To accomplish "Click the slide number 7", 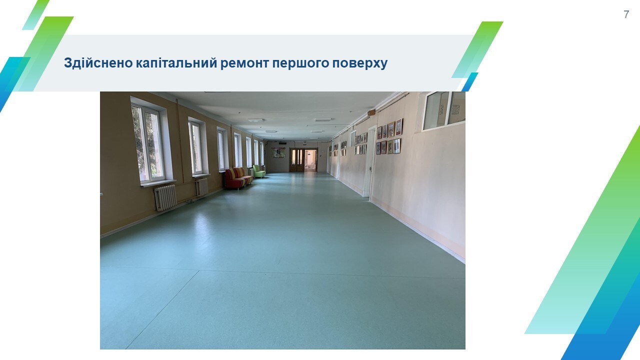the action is tap(626, 14).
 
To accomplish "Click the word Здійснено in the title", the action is tap(98, 63).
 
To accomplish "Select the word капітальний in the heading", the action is tap(176, 63).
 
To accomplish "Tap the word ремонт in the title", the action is tap(244, 63).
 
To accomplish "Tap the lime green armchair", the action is tap(259, 171).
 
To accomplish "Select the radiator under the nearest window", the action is tap(165, 197).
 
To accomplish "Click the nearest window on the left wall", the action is tap(148, 144).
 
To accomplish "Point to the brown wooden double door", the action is tap(297, 159).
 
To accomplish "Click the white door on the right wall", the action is tap(369, 161).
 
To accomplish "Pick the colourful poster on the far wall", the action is tap(278, 153).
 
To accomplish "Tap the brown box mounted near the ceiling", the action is tap(371, 113).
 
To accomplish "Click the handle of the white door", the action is tap(370, 169).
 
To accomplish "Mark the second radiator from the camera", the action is tap(203, 187).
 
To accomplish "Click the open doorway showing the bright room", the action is tap(310, 159).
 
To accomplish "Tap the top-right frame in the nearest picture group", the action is tap(399, 127).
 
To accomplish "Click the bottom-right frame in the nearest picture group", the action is tap(396, 146).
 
